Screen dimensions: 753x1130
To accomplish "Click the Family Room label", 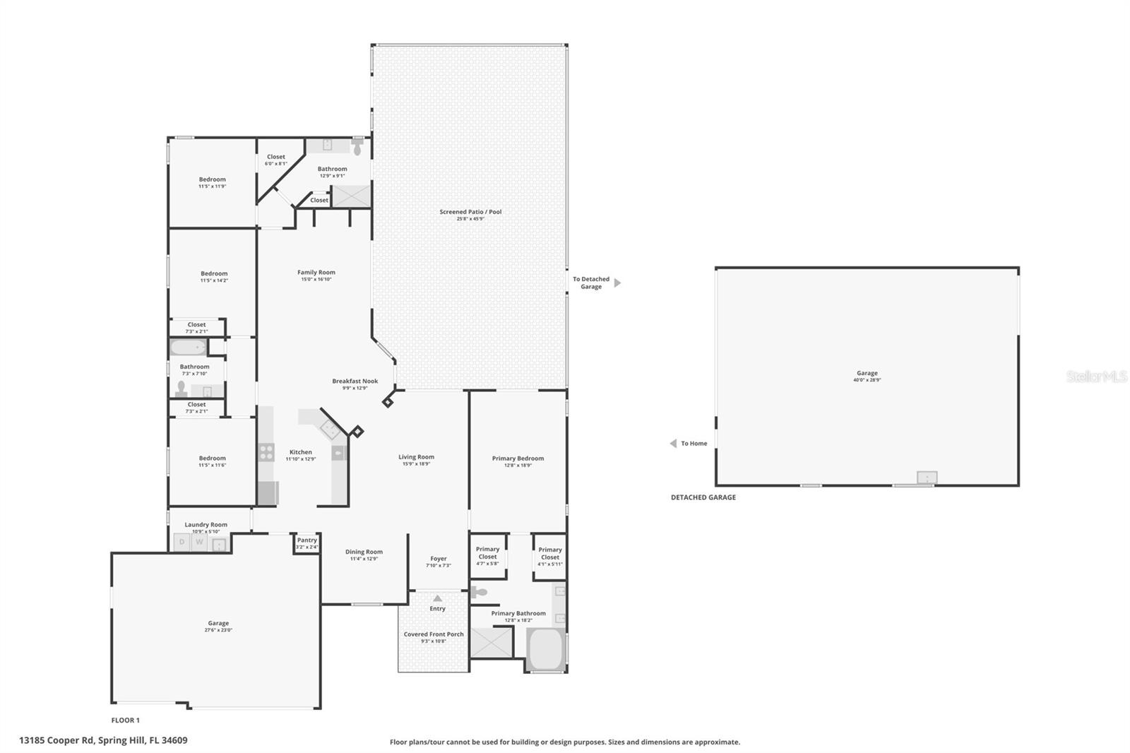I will pyautogui.click(x=316, y=273).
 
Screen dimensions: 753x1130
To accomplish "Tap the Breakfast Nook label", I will pyautogui.click(x=355, y=381).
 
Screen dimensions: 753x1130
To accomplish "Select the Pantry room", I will pyautogui.click(x=307, y=542).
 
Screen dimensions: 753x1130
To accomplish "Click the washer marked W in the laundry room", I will pyautogui.click(x=200, y=542).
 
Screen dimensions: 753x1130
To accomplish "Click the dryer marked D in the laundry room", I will pyautogui.click(x=182, y=542).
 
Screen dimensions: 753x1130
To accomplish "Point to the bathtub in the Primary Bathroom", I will pyautogui.click(x=545, y=649).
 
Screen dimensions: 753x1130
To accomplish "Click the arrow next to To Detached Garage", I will pyautogui.click(x=617, y=283).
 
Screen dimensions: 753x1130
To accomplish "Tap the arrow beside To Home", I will pyautogui.click(x=673, y=444).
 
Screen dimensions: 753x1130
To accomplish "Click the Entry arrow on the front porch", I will pyautogui.click(x=437, y=598).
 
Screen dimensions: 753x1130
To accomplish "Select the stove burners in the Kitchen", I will pyautogui.click(x=266, y=452).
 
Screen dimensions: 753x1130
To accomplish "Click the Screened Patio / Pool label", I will pyautogui.click(x=470, y=212).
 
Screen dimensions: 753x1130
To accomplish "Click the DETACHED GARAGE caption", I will pyautogui.click(x=703, y=497).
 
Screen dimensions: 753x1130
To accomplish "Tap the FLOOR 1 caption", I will pyautogui.click(x=126, y=721).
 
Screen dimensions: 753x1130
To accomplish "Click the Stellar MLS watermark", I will pyautogui.click(x=1096, y=377).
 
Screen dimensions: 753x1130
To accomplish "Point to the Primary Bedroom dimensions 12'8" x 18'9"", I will pyautogui.click(x=518, y=466).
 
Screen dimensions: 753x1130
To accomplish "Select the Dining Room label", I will pyautogui.click(x=364, y=552).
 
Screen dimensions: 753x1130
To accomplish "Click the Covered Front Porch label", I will pyautogui.click(x=434, y=634).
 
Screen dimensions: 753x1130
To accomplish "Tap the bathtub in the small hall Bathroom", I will pyautogui.click(x=188, y=348).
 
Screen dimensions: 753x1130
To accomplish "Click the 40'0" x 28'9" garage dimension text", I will pyautogui.click(x=867, y=380).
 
